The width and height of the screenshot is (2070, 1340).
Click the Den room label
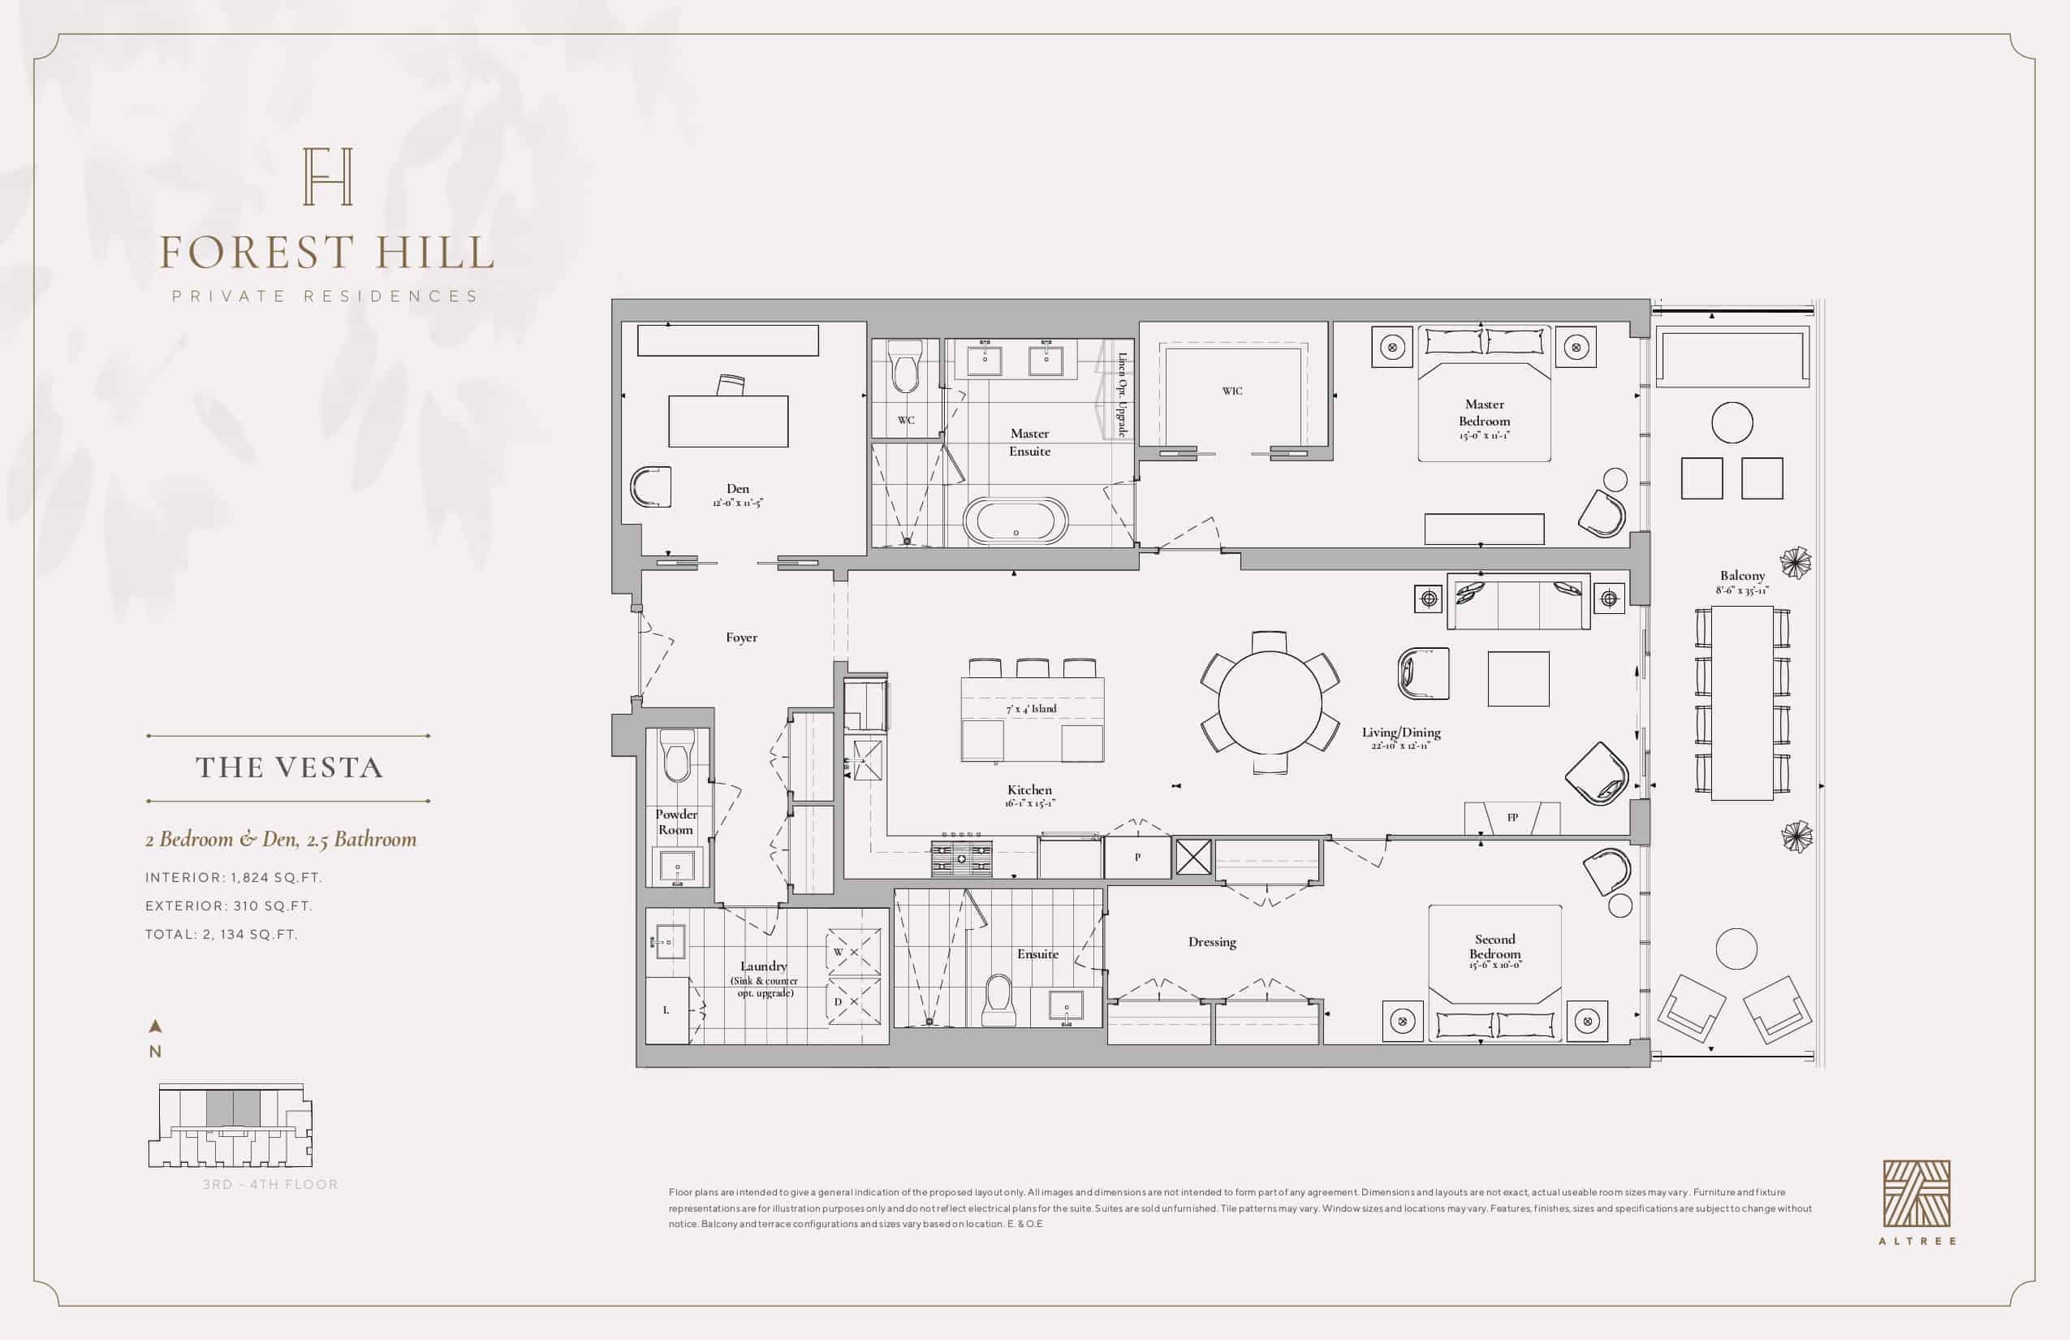coord(738,489)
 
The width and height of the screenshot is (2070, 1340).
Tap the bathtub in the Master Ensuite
coord(1015,521)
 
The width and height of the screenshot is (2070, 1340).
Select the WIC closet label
coord(1231,391)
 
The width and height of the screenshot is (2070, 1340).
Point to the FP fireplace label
coord(1512,817)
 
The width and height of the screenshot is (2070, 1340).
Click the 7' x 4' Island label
coord(1032,709)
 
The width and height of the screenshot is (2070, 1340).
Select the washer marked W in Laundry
coord(853,952)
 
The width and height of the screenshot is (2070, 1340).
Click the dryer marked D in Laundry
coord(853,1001)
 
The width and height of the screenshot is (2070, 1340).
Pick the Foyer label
coord(741,638)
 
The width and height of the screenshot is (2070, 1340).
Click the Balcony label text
coord(1742,576)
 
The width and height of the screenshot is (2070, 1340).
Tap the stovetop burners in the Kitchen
coord(961,858)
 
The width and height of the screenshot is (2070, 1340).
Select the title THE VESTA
coord(289,767)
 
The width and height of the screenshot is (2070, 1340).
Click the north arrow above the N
coord(156,1027)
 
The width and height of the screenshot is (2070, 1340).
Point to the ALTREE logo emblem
coord(1917,1194)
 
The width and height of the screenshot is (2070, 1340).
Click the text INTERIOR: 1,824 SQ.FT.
coord(233,878)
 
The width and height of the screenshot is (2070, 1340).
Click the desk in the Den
coord(728,421)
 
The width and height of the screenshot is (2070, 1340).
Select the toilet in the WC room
coord(905,368)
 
